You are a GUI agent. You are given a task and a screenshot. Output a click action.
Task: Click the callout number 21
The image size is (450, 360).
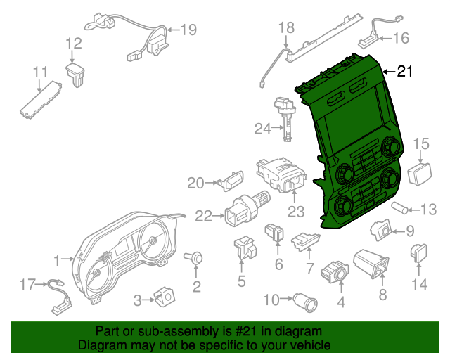pyautogui.click(x=406, y=71)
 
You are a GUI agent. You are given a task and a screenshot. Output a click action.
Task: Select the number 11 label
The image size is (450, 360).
pyautogui.click(x=40, y=72)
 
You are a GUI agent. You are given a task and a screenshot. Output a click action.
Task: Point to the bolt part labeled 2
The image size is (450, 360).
pyautogui.click(x=195, y=259)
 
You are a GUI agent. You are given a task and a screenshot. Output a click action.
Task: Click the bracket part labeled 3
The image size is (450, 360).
pyautogui.click(x=166, y=297)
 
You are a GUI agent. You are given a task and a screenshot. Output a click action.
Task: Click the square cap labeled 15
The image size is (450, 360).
pyautogui.click(x=419, y=173)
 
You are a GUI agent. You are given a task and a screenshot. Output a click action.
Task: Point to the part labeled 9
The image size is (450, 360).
pyautogui.click(x=382, y=229)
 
